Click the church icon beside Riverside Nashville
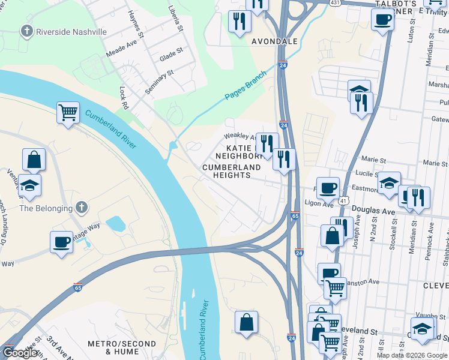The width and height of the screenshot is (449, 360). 26,31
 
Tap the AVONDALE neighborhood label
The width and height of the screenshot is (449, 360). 274,41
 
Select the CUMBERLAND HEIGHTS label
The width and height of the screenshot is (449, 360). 234,171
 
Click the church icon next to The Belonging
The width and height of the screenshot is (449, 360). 82,208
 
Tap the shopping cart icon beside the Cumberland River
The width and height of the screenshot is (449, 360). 68,112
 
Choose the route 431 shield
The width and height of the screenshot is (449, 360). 336,3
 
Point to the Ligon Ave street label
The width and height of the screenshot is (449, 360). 318,204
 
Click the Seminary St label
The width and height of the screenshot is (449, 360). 159,82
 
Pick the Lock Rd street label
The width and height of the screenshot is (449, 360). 124,97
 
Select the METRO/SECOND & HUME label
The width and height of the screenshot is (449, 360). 122,347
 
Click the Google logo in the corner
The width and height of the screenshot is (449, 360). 20,353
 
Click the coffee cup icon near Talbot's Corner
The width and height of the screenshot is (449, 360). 382,20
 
